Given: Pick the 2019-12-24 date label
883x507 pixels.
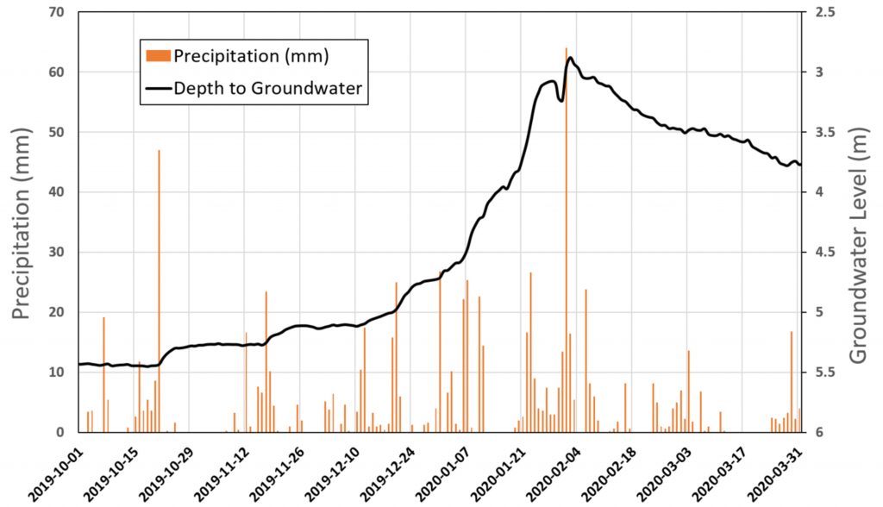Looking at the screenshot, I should point(383,471).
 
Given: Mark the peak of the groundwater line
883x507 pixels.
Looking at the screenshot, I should point(570,58).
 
